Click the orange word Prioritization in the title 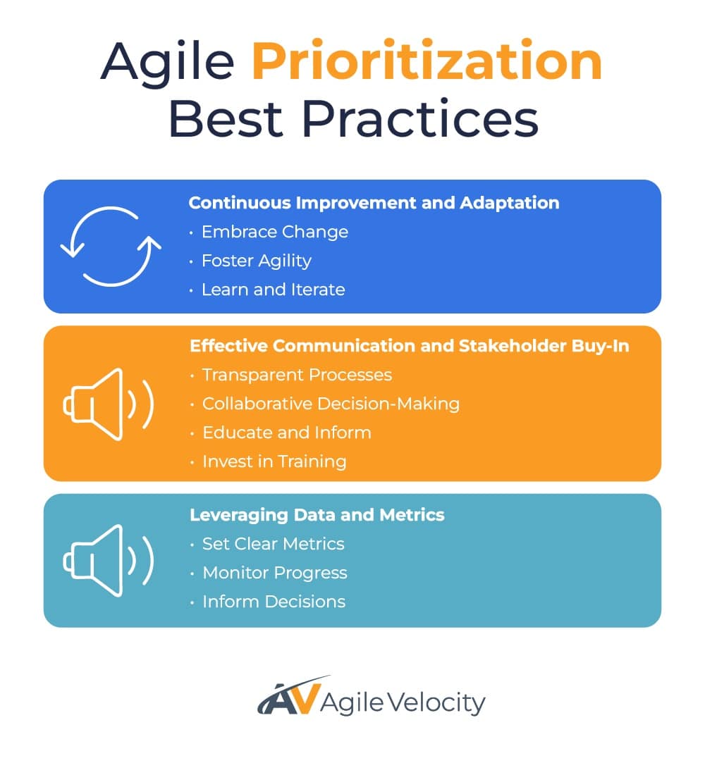coord(427,61)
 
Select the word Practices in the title coord(420,118)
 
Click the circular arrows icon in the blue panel coord(111,246)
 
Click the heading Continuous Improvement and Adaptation coord(374,203)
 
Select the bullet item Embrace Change coord(275,232)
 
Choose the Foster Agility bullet coord(257,261)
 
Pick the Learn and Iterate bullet coord(274,290)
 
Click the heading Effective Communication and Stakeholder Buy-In coord(410,346)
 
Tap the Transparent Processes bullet coord(297,375)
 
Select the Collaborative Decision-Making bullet coord(331,404)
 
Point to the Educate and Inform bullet coord(287,433)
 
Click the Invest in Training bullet coord(275,461)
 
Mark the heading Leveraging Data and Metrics coord(317,515)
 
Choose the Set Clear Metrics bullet coord(273,543)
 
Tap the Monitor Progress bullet coord(275,573)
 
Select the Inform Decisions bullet coord(274,602)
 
